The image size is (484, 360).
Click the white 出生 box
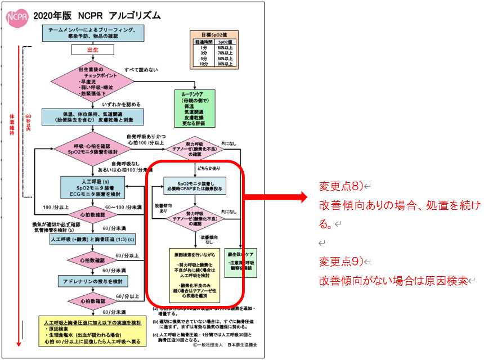tap(93, 49)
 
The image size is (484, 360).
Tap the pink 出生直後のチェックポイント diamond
tap(93, 82)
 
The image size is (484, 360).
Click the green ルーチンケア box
tap(196, 106)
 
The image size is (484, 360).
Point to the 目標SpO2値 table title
tap(213, 35)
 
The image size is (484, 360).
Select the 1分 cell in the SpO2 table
tap(203, 48)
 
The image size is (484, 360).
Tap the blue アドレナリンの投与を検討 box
tap(93, 280)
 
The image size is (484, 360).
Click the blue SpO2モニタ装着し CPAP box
tap(194, 186)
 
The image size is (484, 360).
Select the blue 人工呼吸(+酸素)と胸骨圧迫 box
tap(93, 238)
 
